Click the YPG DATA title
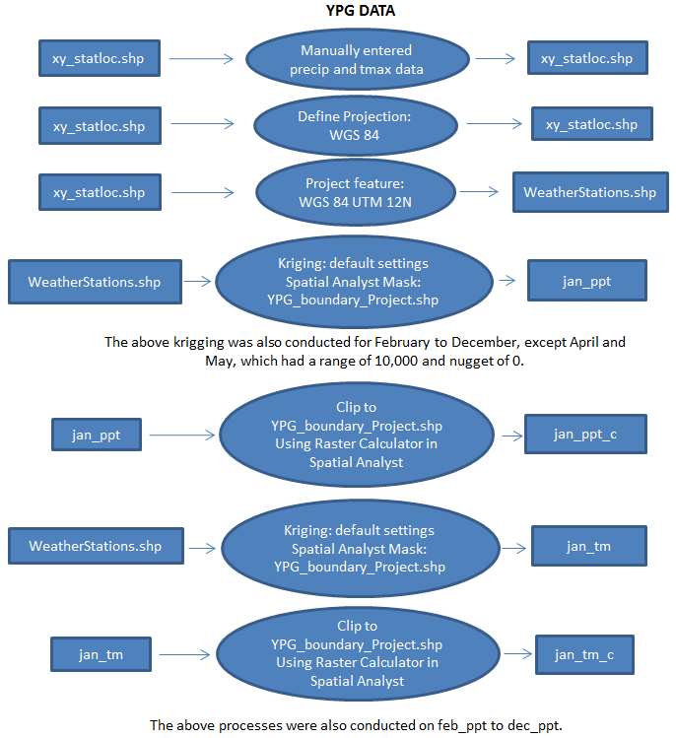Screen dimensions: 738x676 363,11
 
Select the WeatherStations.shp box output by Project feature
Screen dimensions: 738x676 575,192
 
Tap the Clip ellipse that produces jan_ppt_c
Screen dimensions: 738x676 356,434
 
